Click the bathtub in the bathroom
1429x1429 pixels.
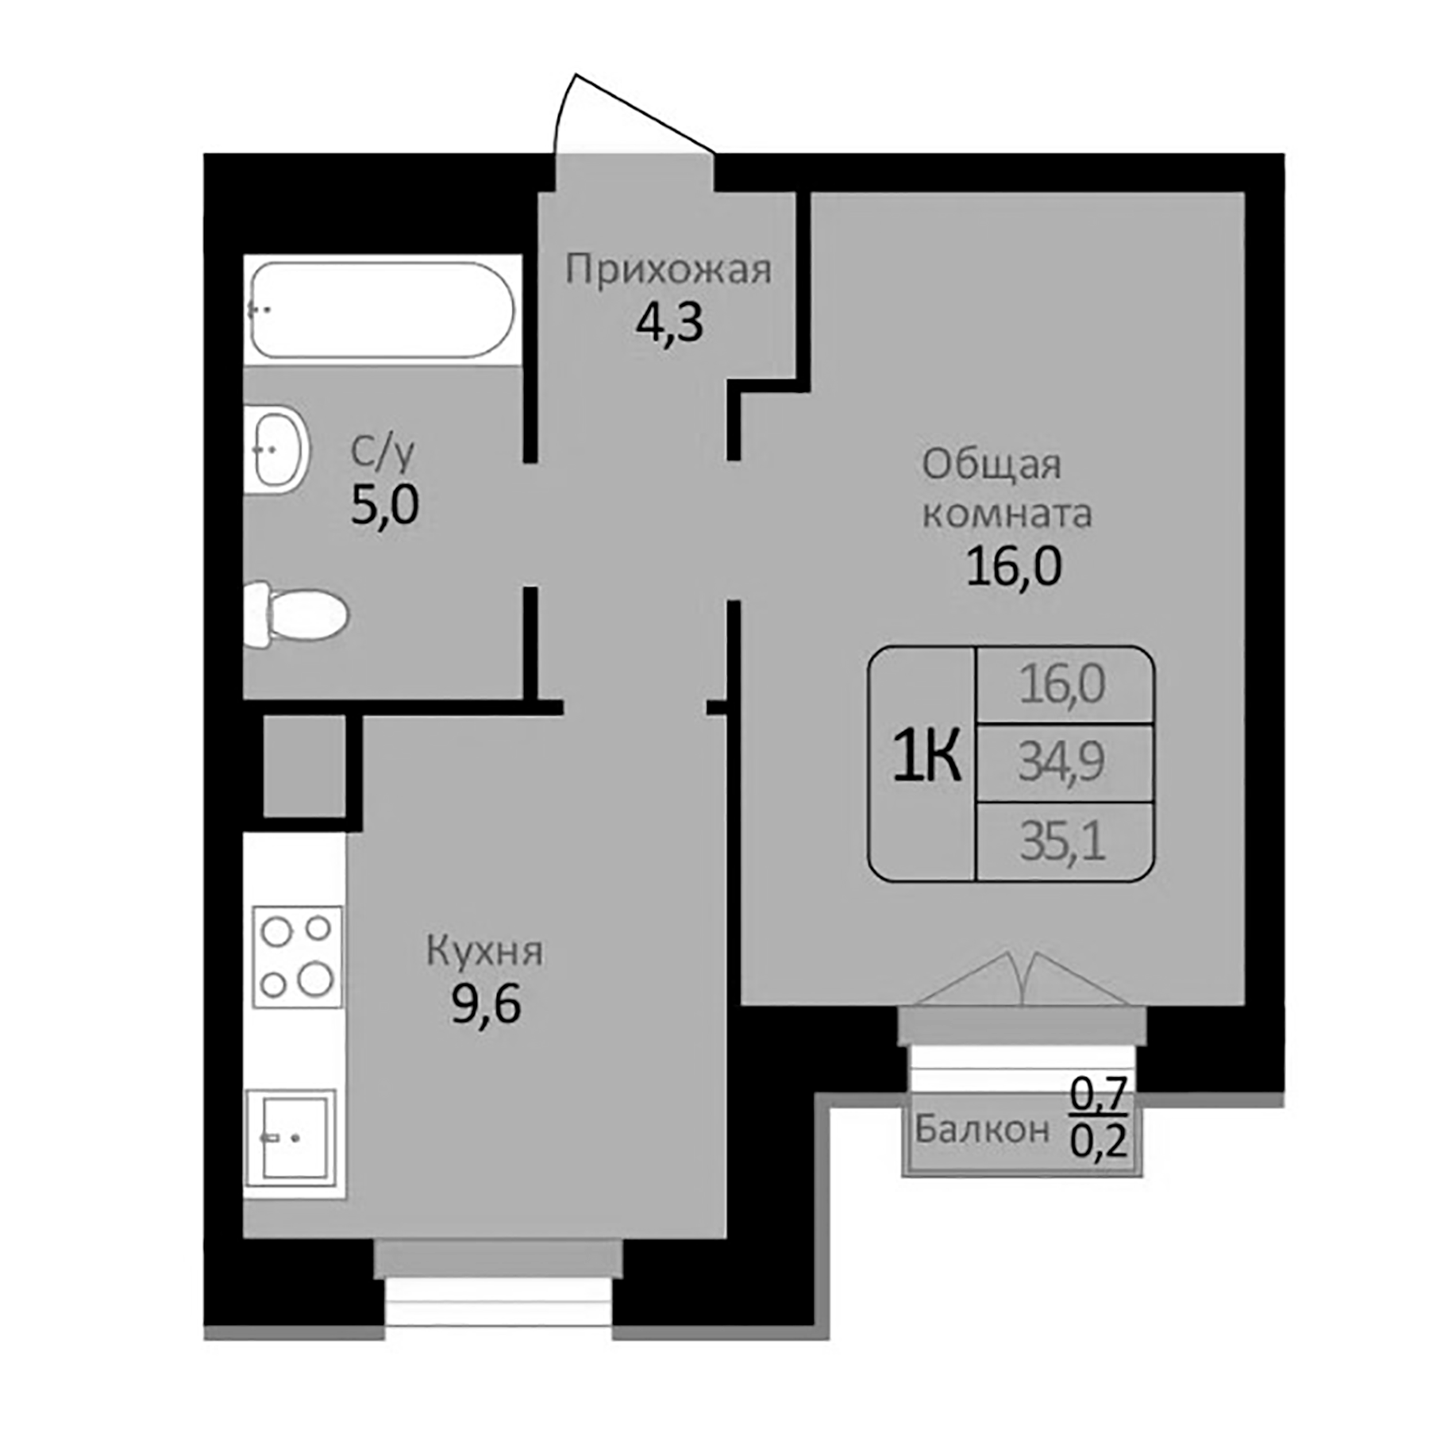pos(382,310)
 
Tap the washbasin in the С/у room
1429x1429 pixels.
pos(278,449)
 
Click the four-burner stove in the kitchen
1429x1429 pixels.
pos(297,957)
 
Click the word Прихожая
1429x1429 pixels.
pos(668,270)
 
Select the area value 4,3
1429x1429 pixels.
pos(668,324)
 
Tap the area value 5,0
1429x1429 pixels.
pos(384,505)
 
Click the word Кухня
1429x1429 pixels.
pos(484,950)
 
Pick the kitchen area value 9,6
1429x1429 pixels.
pos(485,1004)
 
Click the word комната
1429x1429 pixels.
pos(1007,514)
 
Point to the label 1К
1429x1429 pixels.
pos(926,756)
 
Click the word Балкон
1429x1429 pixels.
pos(982,1128)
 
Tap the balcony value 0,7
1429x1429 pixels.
pos(1099,1094)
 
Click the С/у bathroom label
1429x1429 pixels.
pos(383,453)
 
